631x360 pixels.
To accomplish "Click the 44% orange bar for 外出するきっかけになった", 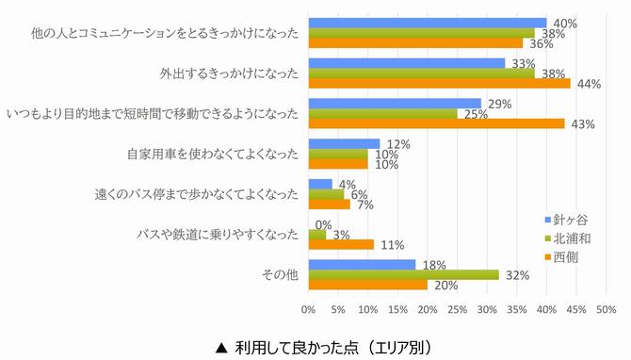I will [x=439, y=84].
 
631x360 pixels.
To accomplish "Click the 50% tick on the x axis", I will [x=607, y=308].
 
